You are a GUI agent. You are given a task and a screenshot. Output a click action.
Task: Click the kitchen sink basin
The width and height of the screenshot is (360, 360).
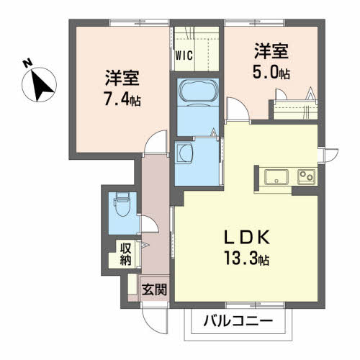pos(276,177)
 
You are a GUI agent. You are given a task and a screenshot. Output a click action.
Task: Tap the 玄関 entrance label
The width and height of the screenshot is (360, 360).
pos(154,290)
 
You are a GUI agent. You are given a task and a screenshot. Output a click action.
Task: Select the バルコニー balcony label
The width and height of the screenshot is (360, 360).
pos(238,320)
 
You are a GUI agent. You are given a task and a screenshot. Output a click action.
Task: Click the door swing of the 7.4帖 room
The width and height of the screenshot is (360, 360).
pos(153,144)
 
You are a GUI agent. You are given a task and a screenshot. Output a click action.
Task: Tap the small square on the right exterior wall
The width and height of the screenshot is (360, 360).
pos(332,153)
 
